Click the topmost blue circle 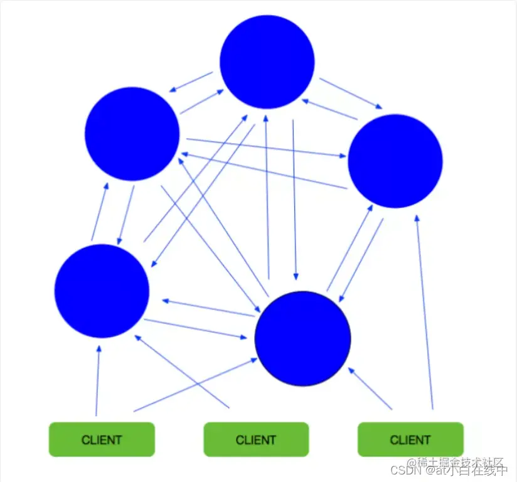[x=267, y=61]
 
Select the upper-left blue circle [x=132, y=134]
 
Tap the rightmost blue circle [x=395, y=161]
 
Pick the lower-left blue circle [x=102, y=291]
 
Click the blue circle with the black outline [x=303, y=338]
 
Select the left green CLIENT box [x=102, y=439]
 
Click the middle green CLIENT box [x=256, y=439]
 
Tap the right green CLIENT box [x=410, y=439]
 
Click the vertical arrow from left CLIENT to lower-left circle [x=98, y=380]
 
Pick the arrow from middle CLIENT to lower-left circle [x=182, y=372]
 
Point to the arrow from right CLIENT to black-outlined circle [x=370, y=388]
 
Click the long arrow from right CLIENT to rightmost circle [x=424, y=314]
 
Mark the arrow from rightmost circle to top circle [x=329, y=109]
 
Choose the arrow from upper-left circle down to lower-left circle [x=125, y=215]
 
